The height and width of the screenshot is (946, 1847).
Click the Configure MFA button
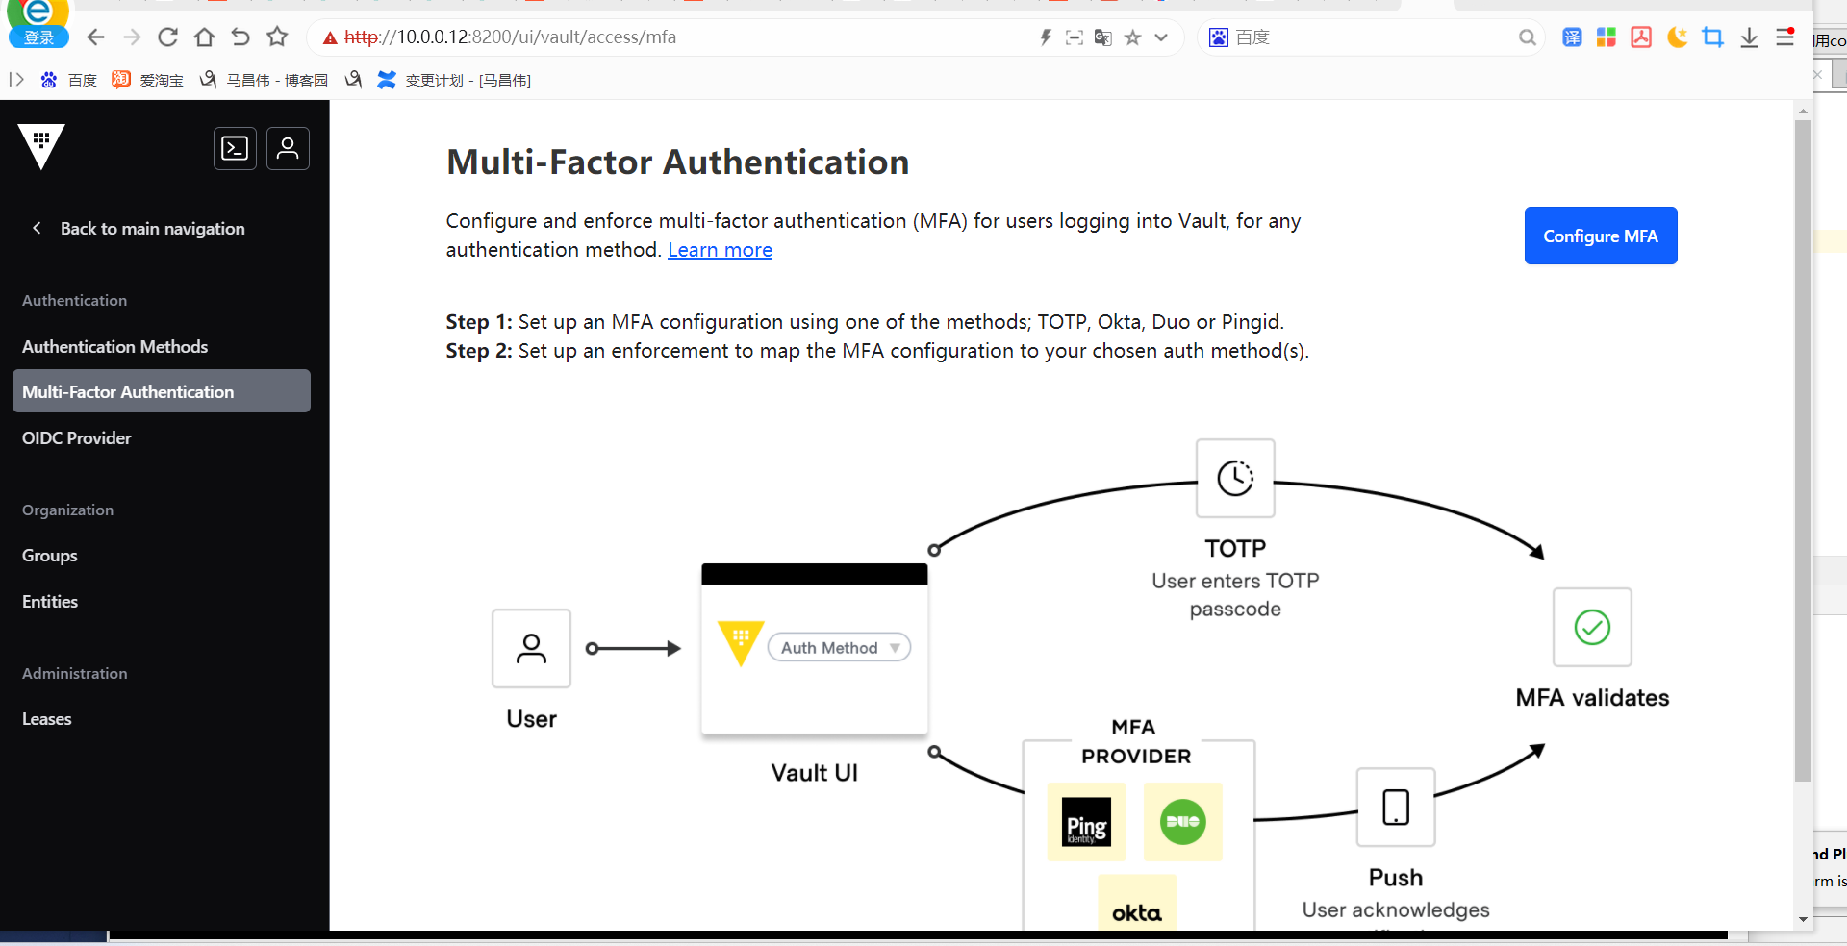[x=1600, y=236]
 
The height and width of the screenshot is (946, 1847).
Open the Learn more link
[x=720, y=250]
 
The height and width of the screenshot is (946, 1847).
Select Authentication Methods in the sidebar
[x=114, y=346]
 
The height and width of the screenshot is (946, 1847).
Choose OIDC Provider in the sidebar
[x=77, y=437]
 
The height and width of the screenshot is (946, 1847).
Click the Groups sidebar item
[x=50, y=556]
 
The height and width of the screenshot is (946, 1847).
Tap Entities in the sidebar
[x=50, y=602]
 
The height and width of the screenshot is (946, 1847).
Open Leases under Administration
[x=47, y=719]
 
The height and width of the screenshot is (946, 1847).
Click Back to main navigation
[x=152, y=229]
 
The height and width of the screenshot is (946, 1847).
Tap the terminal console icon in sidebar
[x=235, y=148]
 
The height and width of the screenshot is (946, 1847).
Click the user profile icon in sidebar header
[x=288, y=148]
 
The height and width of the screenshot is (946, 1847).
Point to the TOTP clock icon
[x=1235, y=478]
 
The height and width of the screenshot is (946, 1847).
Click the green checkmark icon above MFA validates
[x=1592, y=627]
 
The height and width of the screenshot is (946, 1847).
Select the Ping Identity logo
[x=1086, y=823]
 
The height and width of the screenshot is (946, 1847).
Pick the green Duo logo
[x=1182, y=822]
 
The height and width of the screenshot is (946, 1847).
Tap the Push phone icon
[x=1396, y=808]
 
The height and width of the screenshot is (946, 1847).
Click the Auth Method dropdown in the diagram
[x=839, y=648]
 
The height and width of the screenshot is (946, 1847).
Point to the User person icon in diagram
[x=531, y=648]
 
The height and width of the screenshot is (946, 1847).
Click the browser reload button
[x=167, y=37]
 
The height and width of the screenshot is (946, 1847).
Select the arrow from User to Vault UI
[x=635, y=649]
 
